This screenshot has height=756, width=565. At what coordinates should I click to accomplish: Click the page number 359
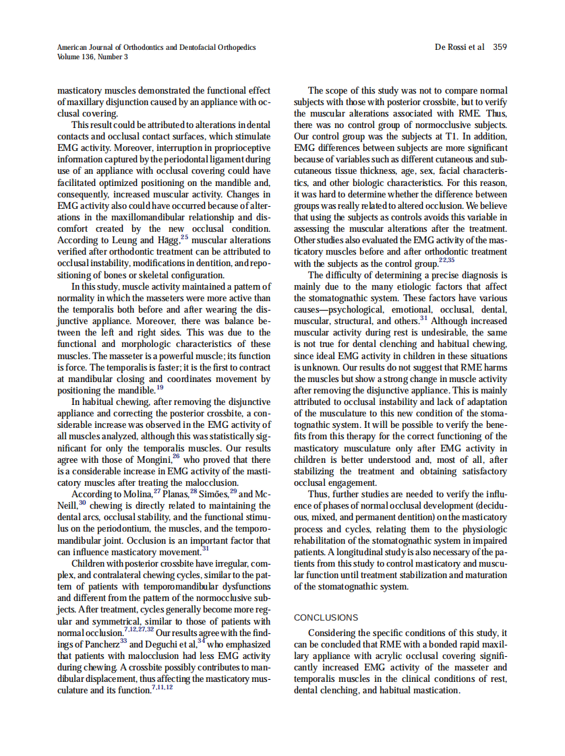[500, 47]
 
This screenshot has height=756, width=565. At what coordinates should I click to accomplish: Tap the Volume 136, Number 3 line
[92, 57]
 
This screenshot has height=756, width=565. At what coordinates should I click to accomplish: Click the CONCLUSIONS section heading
[326, 617]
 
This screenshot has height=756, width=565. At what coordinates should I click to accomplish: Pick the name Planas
[177, 495]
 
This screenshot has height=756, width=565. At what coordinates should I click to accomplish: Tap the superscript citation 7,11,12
[162, 687]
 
